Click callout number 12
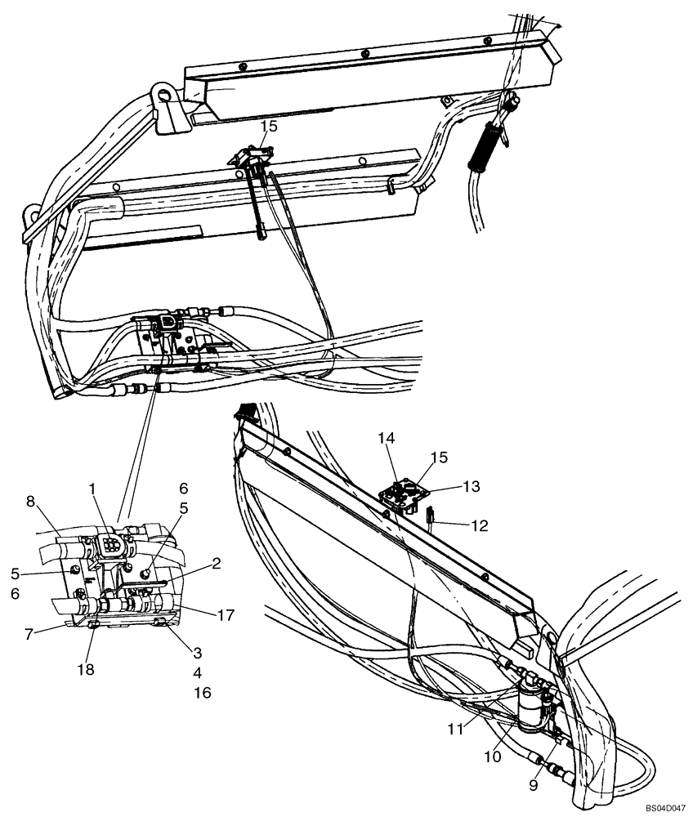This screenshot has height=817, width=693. click(479, 525)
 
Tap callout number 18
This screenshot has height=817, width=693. click(85, 669)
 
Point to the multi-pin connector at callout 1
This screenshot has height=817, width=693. click(110, 547)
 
